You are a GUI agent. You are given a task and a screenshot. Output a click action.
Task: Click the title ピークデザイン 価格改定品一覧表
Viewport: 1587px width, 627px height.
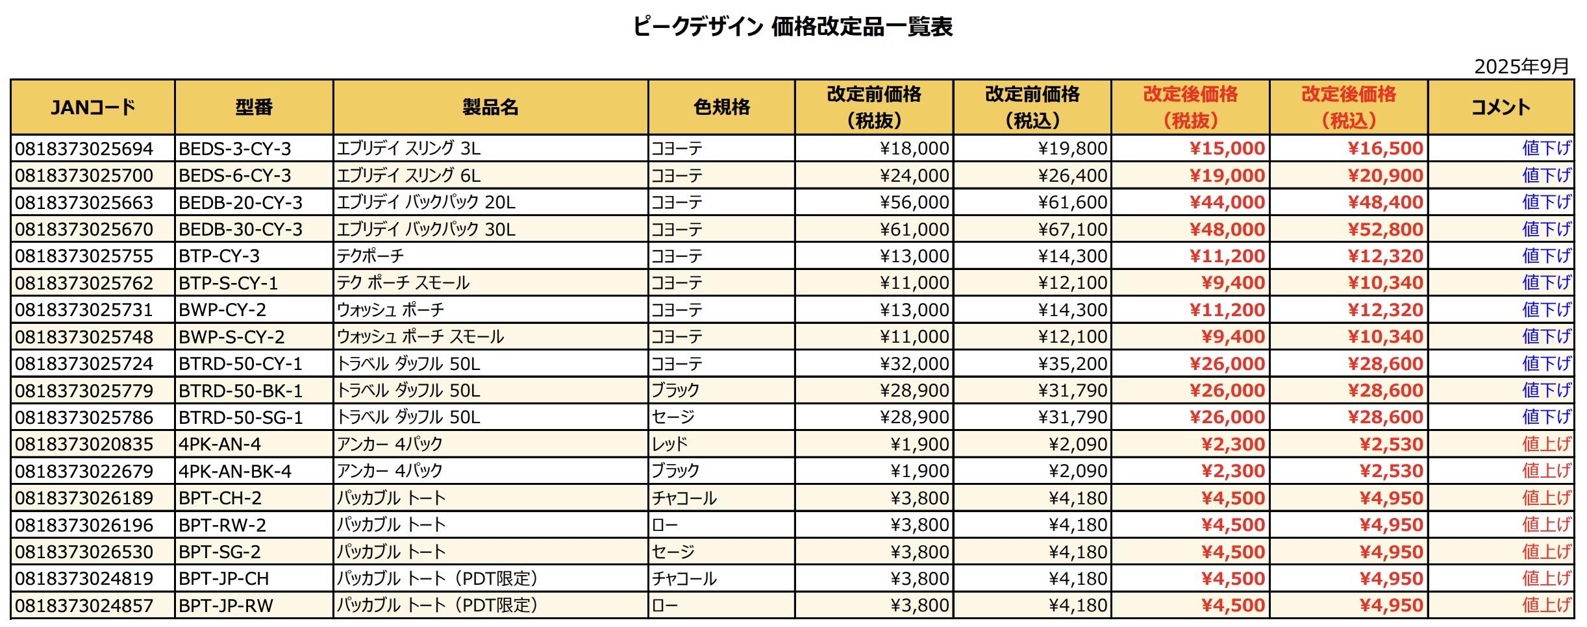click(793, 27)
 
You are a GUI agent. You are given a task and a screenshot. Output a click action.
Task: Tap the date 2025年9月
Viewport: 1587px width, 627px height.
click(1521, 66)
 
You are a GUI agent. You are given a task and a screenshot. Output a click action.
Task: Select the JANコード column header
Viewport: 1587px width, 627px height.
click(93, 107)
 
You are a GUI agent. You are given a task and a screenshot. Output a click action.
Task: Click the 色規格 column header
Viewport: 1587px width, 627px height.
click(721, 107)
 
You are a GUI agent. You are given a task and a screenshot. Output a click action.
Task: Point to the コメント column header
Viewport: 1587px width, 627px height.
click(1501, 107)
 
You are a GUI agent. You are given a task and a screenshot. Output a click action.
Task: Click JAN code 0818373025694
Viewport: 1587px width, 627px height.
click(84, 149)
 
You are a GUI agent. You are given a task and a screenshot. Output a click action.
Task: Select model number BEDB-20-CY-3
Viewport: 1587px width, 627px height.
click(241, 203)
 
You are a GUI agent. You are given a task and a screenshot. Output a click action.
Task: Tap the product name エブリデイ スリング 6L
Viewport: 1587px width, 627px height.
click(408, 175)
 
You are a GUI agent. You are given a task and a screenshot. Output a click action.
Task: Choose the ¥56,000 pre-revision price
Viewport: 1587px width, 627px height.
click(914, 203)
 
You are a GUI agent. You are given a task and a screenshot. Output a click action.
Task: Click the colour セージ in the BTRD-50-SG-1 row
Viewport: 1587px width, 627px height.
click(673, 417)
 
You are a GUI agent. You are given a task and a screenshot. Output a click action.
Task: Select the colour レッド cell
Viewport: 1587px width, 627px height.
click(669, 444)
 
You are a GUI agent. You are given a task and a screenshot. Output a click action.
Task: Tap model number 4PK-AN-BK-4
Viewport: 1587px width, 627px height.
click(235, 471)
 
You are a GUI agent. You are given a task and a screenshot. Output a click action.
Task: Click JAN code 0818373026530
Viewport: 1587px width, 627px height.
click(84, 552)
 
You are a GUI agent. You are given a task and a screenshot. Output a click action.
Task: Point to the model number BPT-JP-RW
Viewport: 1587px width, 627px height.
click(226, 606)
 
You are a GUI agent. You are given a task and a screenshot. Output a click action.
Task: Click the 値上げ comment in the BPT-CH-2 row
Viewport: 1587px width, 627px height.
click(1546, 498)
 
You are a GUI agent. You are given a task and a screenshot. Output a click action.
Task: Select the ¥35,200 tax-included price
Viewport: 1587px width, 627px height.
click(1072, 363)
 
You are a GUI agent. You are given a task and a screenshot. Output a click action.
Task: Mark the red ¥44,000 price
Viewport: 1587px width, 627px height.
click(1227, 203)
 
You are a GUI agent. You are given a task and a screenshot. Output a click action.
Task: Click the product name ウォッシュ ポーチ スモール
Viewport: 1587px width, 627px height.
click(420, 337)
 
